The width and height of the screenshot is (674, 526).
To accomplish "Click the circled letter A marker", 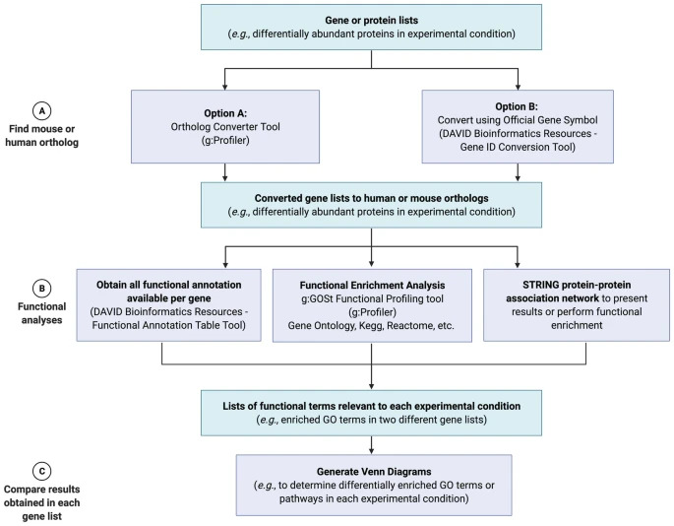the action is coord(41,111).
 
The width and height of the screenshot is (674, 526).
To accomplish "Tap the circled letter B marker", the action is coord(41,289).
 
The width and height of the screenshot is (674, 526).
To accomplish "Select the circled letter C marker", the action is coord(41,471).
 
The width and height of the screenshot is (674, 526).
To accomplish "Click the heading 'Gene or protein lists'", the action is coord(371,21).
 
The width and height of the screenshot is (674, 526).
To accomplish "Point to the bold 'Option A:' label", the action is coord(225,113).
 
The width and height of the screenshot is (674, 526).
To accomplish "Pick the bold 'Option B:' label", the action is coord(517,106).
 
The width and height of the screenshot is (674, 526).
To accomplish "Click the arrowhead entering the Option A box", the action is coord(224,87).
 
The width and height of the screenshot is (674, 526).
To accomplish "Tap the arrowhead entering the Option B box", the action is coord(518,87).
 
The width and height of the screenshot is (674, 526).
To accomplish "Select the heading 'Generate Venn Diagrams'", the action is coord(374,472).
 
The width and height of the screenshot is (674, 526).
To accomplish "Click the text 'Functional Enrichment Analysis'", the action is coord(372,285).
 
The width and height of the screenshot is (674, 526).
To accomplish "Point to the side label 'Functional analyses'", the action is coord(41,313).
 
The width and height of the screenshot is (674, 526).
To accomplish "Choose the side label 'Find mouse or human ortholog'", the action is coord(41,135).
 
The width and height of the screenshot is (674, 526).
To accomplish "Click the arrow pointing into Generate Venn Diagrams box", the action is coord(371,445).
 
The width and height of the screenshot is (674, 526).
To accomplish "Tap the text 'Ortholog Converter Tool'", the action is coord(225,126).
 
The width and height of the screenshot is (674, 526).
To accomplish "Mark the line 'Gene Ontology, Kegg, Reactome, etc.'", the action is coord(371,325).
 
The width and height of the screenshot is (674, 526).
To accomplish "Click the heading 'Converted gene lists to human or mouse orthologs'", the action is coord(371,198).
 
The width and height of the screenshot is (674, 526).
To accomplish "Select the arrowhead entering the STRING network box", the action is coord(518,265).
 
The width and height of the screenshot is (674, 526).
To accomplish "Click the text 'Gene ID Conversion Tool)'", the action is coord(518,147).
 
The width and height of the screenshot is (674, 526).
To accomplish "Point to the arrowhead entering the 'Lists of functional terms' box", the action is coord(371,386).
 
